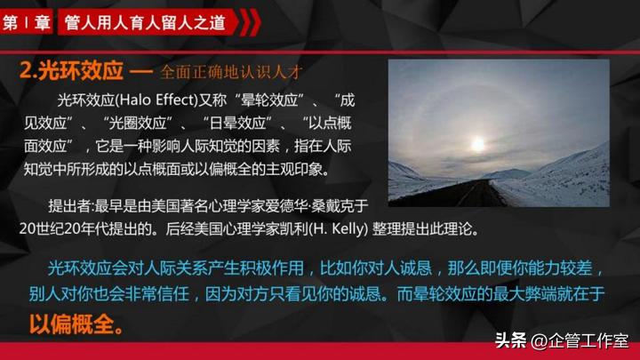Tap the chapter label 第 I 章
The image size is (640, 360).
26,22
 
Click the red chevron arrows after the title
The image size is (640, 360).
248,22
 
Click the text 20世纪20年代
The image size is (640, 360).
69,228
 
